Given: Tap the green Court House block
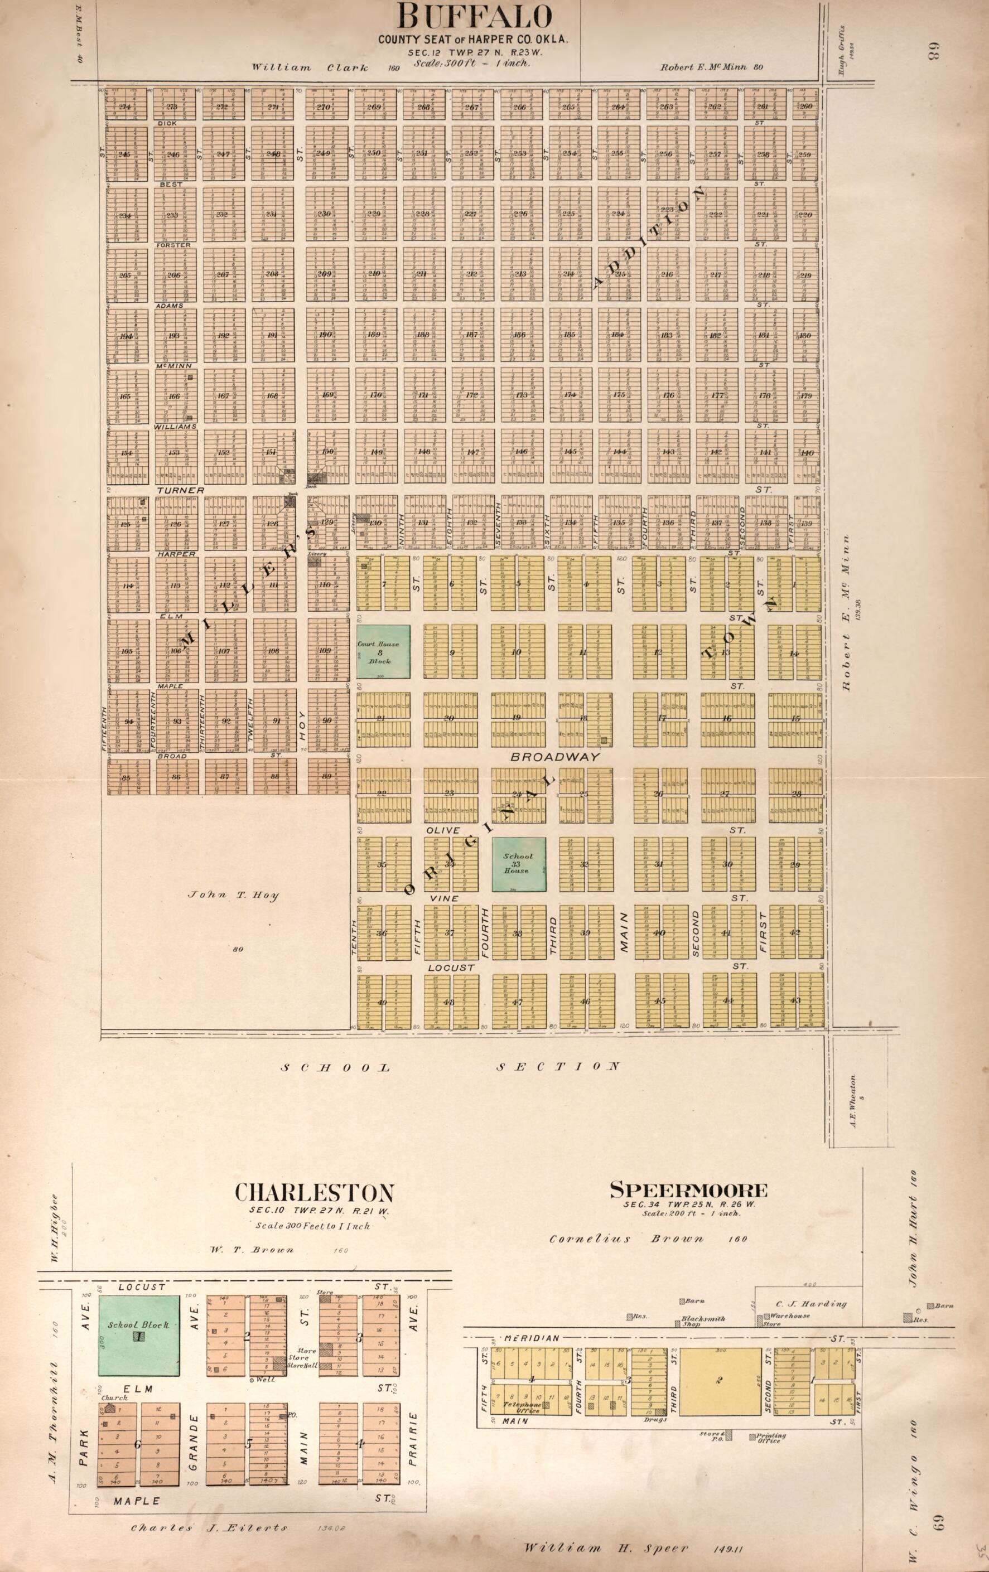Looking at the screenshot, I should click(383, 651).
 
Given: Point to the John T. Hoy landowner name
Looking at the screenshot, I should click(233, 895).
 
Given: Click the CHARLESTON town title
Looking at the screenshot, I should click(314, 1193).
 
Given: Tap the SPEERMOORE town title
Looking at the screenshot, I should click(688, 1190).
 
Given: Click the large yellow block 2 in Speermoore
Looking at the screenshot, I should click(720, 1381).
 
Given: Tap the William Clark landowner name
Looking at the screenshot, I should click(310, 67).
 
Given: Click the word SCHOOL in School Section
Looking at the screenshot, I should click(336, 1068).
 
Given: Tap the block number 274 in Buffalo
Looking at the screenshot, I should click(125, 107).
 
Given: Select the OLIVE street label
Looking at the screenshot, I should click(443, 830).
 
